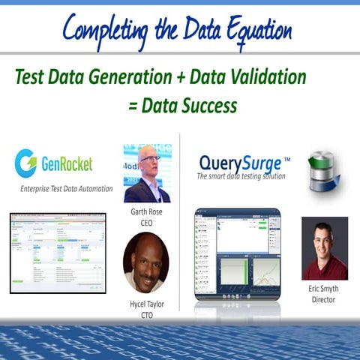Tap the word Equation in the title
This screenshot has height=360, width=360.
(248, 31)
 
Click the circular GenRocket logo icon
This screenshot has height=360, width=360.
(26, 163)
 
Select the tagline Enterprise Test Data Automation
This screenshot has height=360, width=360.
(67, 188)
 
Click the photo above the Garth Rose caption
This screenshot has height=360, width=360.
(147, 173)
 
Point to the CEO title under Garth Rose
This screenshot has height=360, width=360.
(147, 222)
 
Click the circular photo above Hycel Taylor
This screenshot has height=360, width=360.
(145, 262)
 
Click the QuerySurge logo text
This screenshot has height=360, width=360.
(240, 163)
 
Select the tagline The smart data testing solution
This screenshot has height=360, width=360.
(244, 177)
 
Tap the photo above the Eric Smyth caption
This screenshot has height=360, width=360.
(325, 248)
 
